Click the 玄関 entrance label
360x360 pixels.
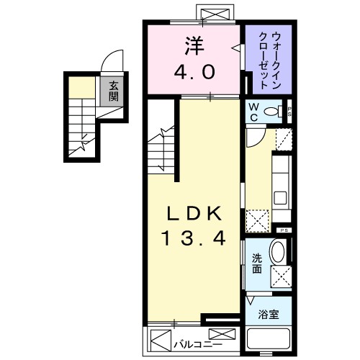(114, 91)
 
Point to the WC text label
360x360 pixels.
(254, 110)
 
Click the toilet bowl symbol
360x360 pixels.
(274, 112)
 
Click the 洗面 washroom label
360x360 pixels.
(257, 265)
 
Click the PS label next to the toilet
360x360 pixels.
(289, 111)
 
